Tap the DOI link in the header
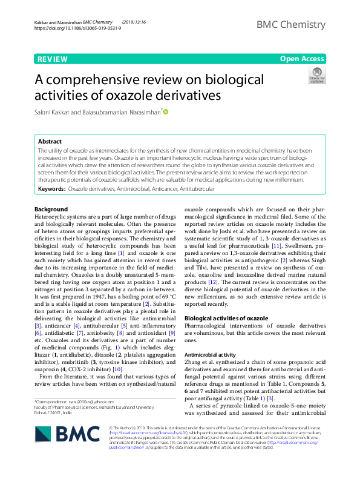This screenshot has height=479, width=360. tap(68, 28)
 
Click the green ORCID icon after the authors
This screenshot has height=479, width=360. tap(165, 111)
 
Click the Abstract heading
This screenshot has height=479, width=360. tap(49, 140)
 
